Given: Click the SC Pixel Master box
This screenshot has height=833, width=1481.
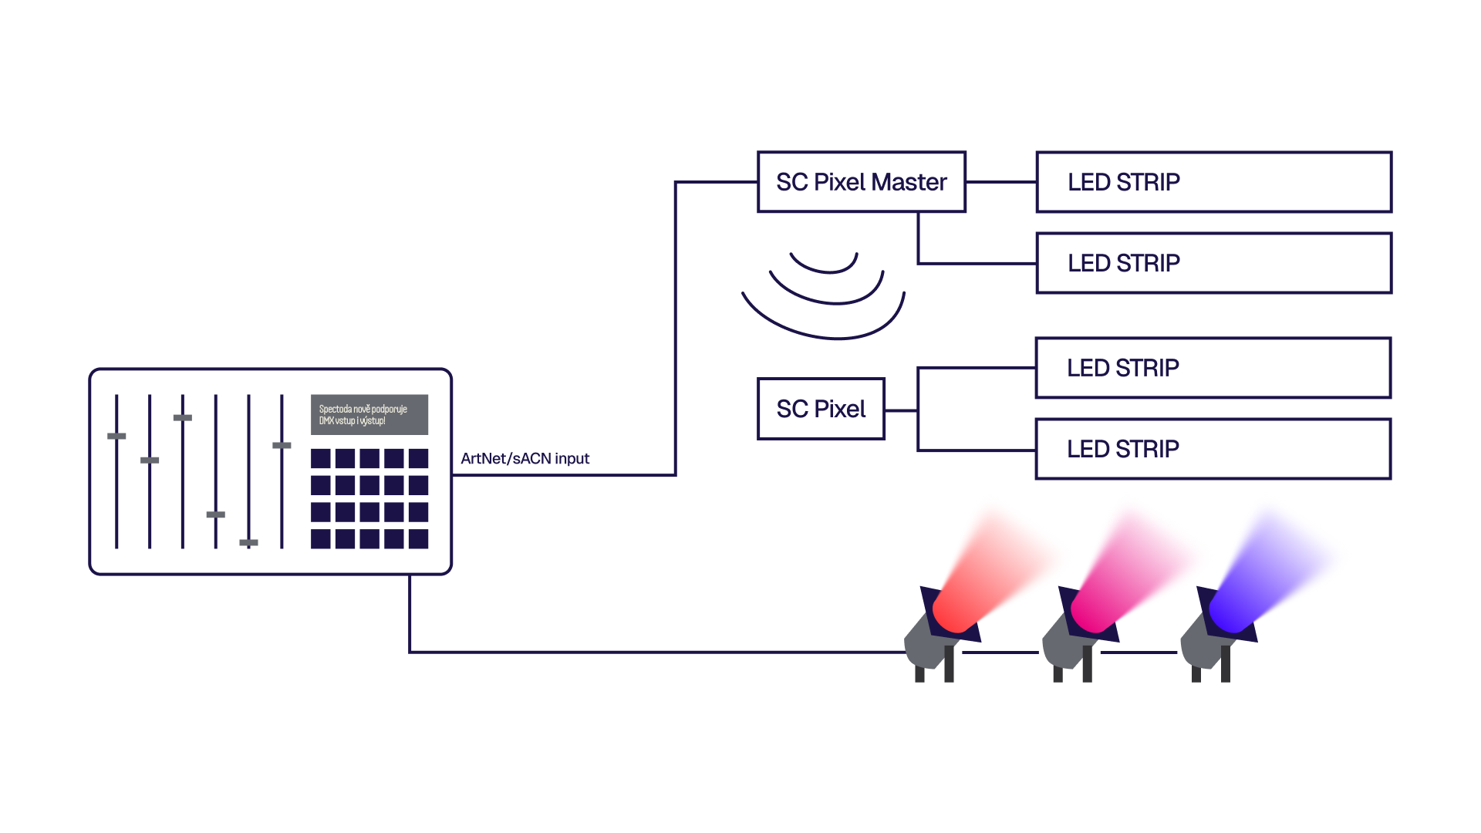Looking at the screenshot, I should [862, 182].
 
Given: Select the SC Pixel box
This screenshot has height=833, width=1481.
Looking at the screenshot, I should [821, 409].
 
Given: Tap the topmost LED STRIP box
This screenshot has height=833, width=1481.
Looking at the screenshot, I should [1213, 182].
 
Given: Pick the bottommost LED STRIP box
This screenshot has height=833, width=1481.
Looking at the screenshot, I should [1213, 449].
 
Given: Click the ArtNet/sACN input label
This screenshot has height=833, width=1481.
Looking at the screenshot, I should [525, 458].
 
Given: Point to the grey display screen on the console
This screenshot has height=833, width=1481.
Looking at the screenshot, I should [369, 415].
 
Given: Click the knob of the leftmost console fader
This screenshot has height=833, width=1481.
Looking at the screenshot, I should [116, 437].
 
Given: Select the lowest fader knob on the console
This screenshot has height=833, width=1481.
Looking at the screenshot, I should [248, 543].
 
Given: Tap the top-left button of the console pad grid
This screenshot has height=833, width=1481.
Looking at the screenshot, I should [321, 459].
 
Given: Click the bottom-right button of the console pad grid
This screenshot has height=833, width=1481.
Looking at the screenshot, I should [419, 538].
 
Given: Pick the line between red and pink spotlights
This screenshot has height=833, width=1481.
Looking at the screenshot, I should [1000, 653].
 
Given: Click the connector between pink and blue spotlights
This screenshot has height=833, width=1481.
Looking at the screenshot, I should [1139, 653].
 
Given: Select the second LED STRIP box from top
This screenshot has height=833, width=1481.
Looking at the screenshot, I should [1213, 263].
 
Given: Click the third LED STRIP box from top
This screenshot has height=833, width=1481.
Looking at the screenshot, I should [1213, 368].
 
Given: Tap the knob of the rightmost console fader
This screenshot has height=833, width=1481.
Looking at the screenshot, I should [282, 446].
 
